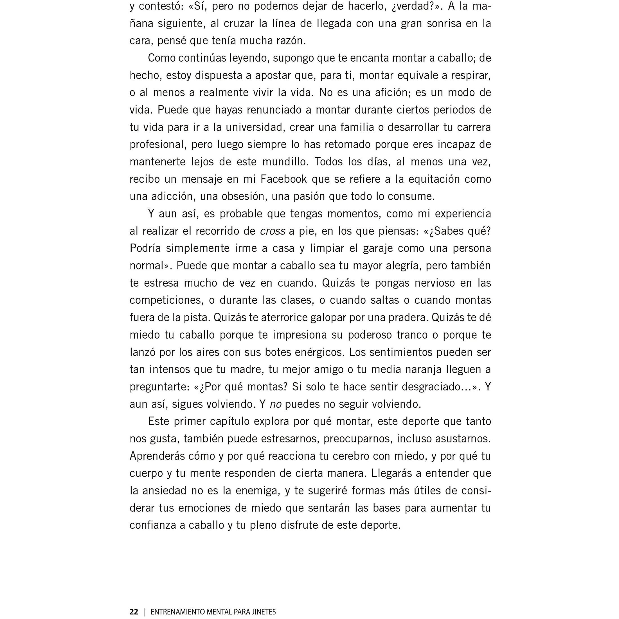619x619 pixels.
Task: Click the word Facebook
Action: click(x=283, y=179)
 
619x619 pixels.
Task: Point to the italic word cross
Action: click(x=272, y=231)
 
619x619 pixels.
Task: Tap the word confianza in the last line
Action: click(x=152, y=525)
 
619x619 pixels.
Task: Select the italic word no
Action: click(x=276, y=404)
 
